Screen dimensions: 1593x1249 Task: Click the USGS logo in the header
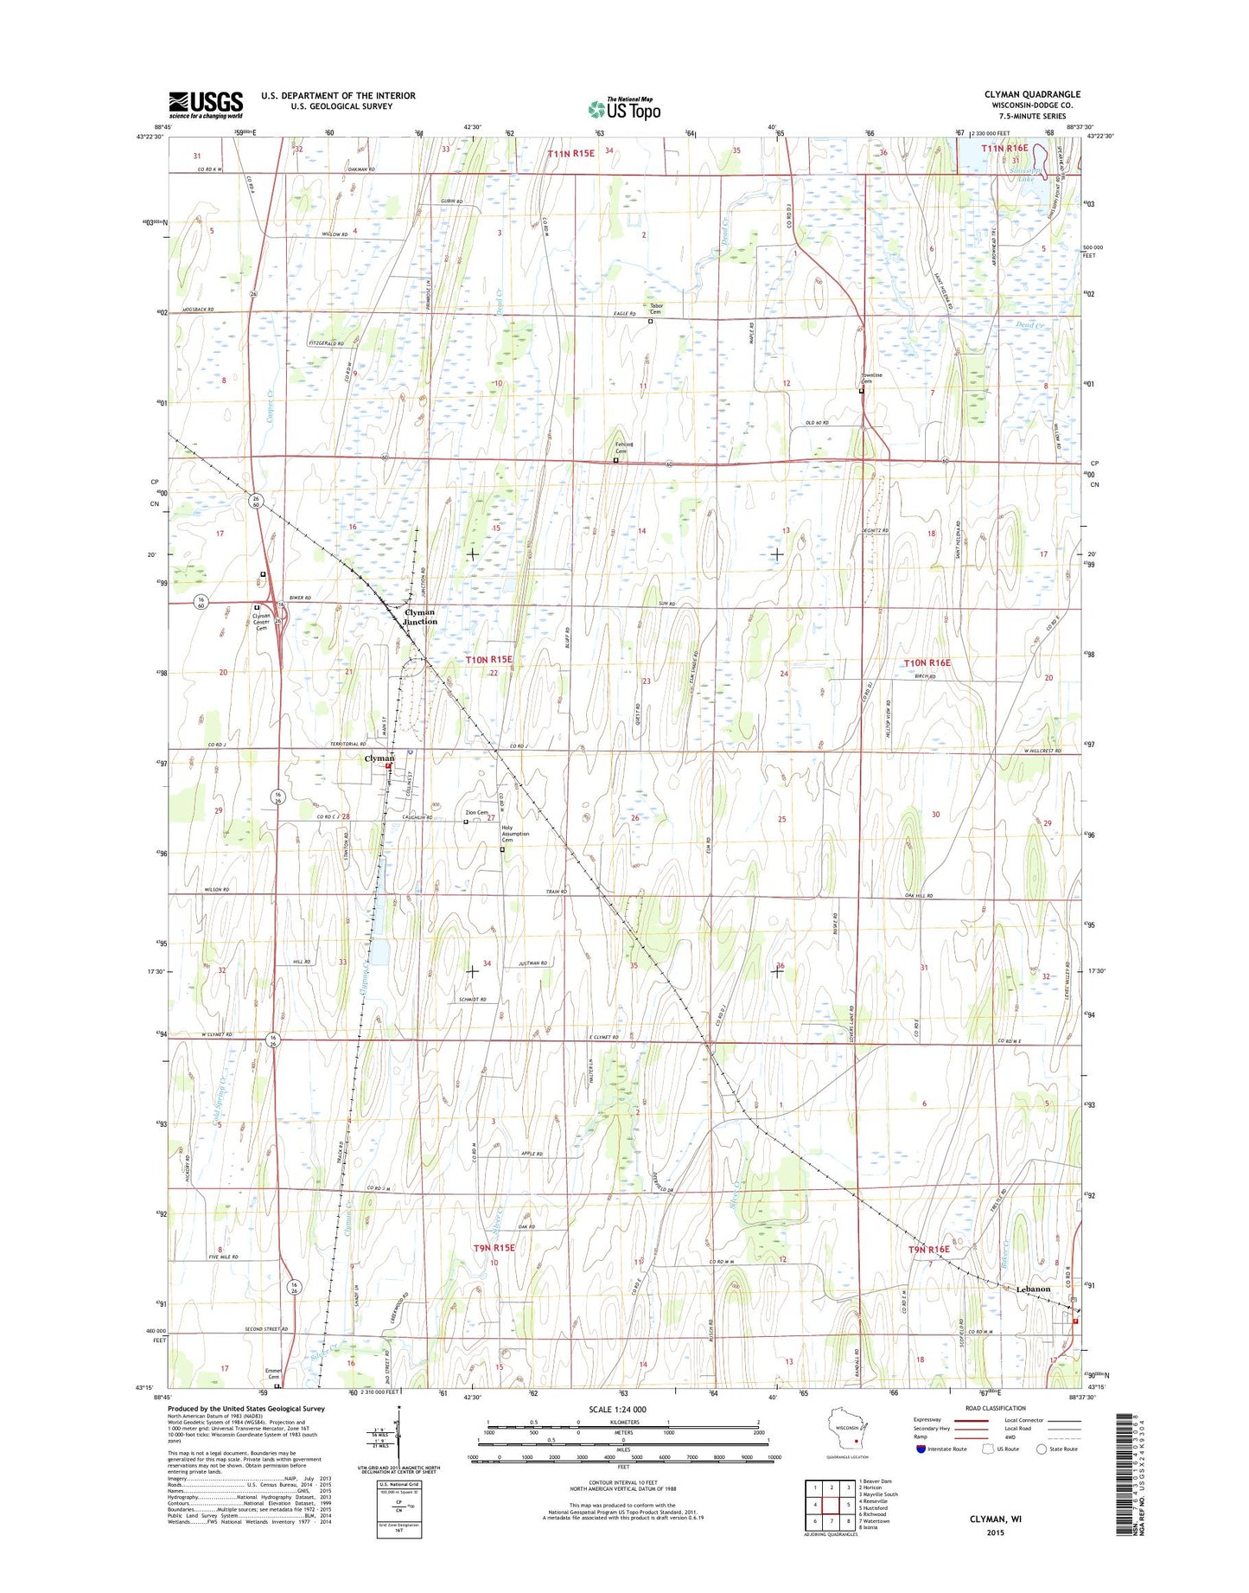pos(206,105)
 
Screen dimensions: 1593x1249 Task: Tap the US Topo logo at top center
pos(624,108)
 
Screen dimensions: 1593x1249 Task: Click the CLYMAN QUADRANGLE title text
pos(1032,94)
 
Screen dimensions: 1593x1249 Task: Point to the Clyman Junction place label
pos(420,617)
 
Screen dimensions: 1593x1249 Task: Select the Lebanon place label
pos(1033,1289)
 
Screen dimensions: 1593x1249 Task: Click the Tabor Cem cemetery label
pos(655,309)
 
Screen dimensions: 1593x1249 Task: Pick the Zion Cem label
pos(476,813)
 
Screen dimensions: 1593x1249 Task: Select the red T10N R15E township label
pos(489,660)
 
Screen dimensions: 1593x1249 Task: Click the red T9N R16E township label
pos(928,1250)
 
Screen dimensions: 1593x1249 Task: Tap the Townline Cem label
pos(871,379)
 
